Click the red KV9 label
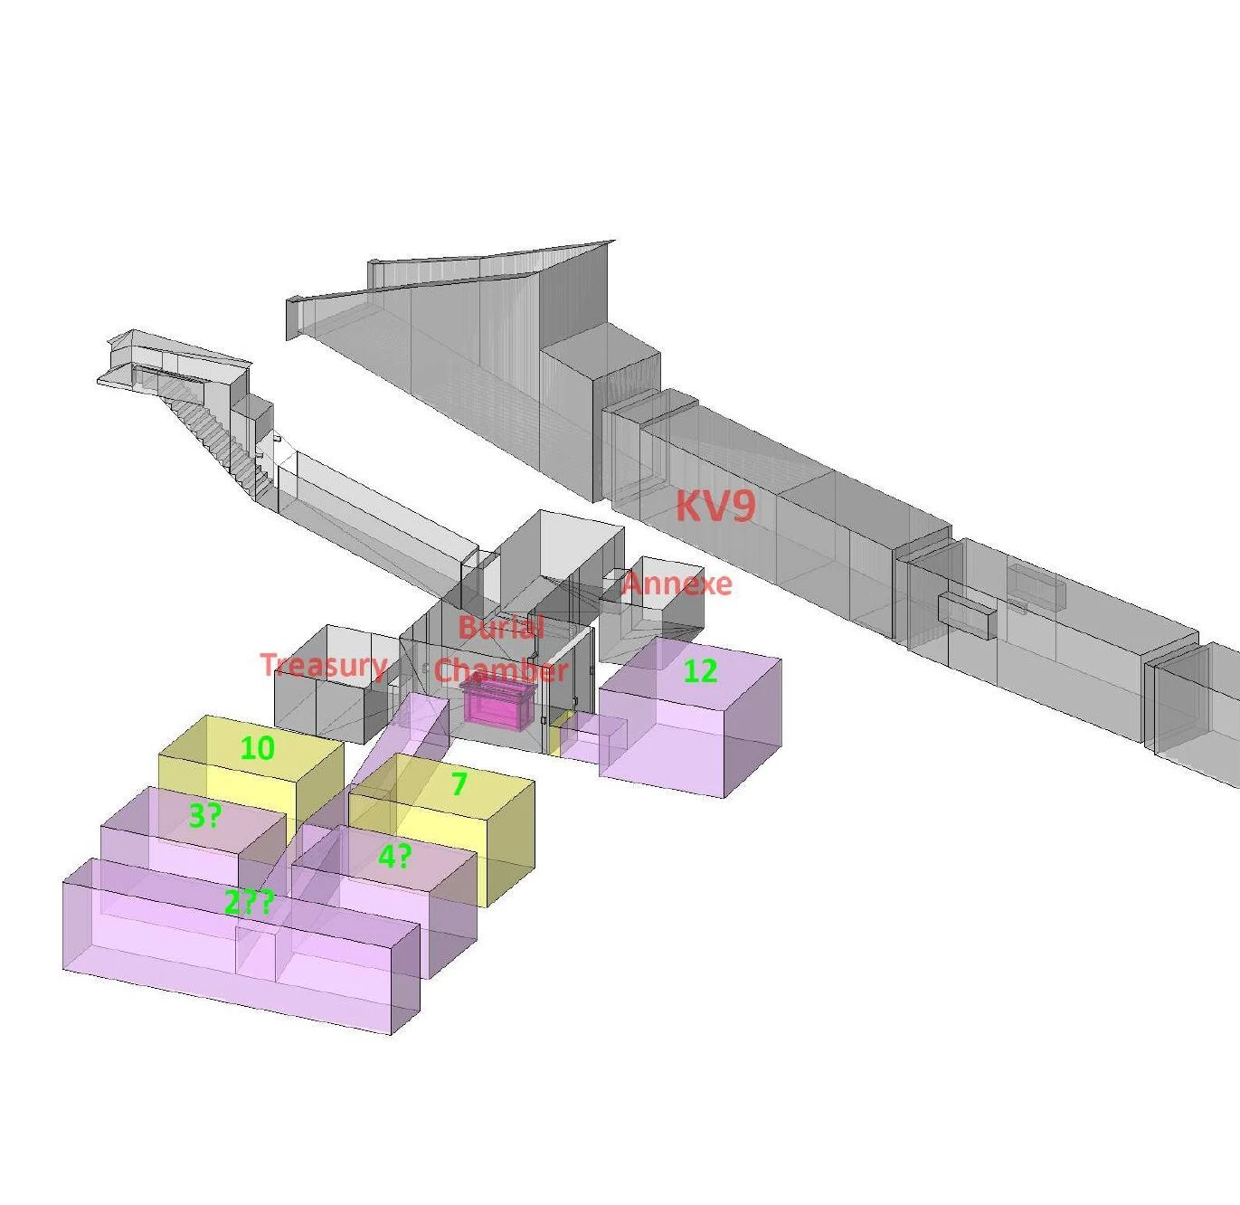(x=715, y=506)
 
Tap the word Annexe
(x=677, y=584)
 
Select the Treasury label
(x=325, y=666)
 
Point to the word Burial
(x=501, y=628)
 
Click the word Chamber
(x=501, y=670)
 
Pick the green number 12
(x=700, y=671)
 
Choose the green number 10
(x=258, y=747)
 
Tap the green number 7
(x=459, y=783)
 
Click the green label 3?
(x=205, y=816)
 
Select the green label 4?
(x=395, y=857)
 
